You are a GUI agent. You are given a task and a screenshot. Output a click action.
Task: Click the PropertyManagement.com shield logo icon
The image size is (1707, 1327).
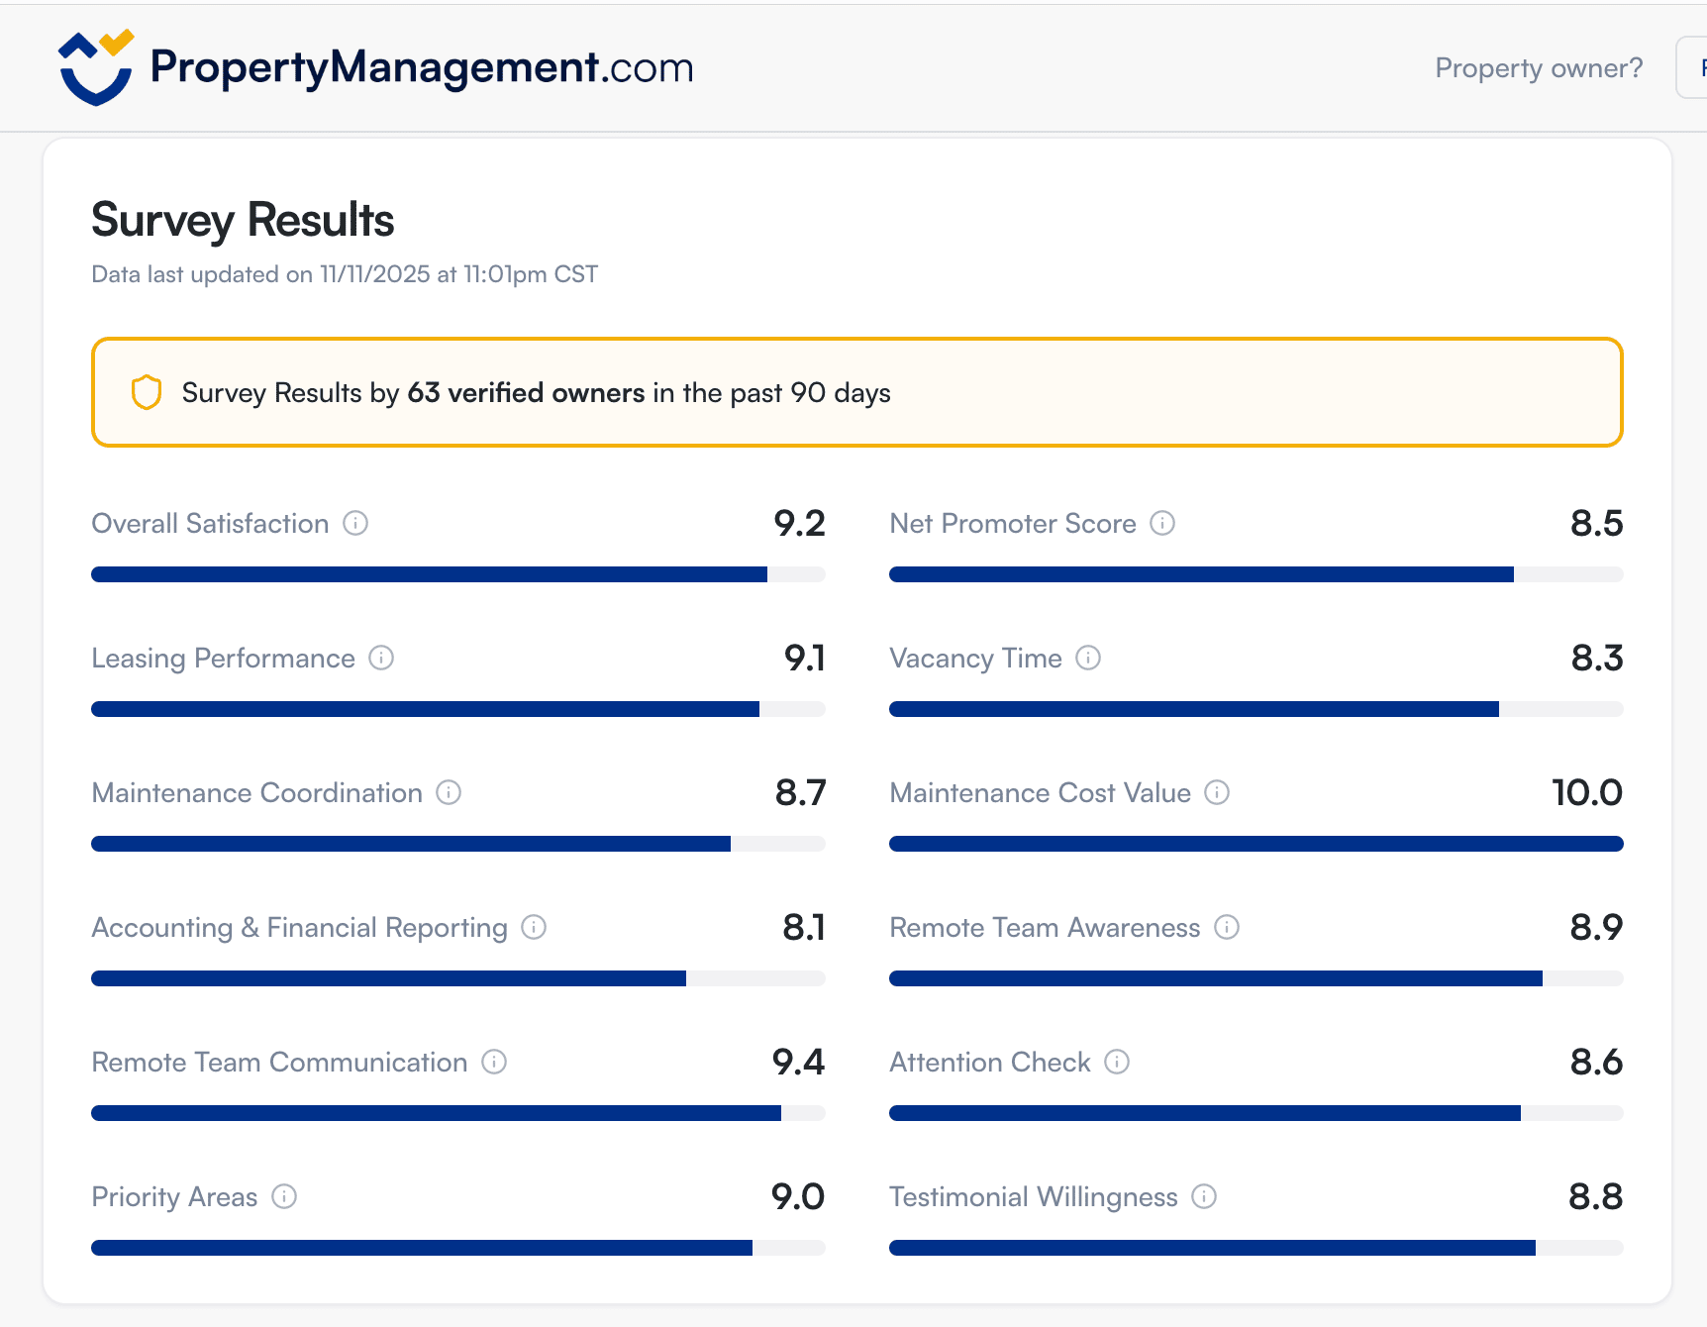(96, 67)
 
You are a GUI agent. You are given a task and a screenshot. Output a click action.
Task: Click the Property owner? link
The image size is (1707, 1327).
(1539, 67)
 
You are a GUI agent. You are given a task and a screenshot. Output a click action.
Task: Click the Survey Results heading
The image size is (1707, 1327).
(243, 220)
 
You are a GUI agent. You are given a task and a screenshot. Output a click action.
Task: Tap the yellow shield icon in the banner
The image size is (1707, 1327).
(147, 392)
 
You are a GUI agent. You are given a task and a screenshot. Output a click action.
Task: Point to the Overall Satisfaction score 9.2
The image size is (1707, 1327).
(799, 523)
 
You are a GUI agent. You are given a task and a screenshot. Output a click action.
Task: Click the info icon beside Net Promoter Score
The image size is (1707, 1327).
(1162, 523)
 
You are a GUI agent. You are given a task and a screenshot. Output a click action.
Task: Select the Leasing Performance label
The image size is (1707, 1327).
(223, 658)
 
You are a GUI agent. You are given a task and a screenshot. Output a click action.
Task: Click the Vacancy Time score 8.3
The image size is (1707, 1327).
(1596, 658)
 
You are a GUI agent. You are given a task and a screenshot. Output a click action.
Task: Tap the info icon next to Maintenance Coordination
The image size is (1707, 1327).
(449, 792)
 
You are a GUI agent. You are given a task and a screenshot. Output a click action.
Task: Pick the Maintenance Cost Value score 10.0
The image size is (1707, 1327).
(1586, 792)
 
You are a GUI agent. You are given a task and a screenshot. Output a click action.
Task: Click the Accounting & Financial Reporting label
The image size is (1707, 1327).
(299, 927)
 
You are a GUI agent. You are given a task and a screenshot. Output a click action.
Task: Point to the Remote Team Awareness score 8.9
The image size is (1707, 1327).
(1596, 927)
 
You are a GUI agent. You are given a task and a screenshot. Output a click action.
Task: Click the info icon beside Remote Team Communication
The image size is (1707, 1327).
(494, 1062)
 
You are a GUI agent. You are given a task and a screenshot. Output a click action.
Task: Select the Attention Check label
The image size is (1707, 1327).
(989, 1062)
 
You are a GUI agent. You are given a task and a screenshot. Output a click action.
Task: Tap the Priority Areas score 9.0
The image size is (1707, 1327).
(797, 1196)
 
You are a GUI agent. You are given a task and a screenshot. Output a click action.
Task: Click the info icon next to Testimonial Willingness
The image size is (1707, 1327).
(1204, 1196)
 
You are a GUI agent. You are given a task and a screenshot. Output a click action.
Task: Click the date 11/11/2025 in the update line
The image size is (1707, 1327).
(374, 274)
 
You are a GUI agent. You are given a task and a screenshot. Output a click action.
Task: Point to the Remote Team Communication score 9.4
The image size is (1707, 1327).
(798, 1062)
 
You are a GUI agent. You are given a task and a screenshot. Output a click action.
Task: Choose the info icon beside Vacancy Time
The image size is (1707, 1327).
(1088, 658)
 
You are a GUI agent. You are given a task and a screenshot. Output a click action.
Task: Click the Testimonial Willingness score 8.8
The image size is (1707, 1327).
(1595, 1196)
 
